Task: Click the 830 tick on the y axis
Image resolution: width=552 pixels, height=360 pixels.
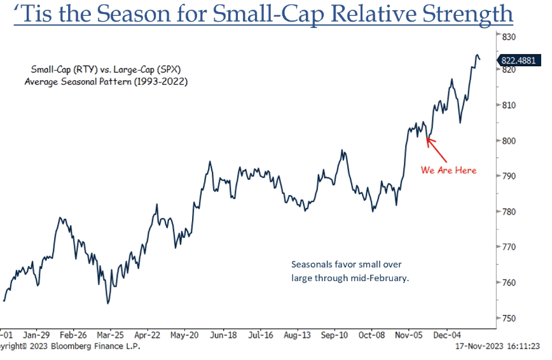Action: [508, 37]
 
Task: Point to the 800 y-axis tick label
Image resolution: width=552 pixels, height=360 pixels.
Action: [508, 141]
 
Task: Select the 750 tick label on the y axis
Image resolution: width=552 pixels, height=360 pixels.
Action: [508, 318]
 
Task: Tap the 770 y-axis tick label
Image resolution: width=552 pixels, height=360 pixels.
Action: [508, 247]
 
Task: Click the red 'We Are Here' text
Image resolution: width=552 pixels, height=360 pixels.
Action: [448, 170]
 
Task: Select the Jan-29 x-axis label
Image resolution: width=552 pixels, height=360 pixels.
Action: [37, 334]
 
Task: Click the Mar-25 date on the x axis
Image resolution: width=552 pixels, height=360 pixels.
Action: [110, 334]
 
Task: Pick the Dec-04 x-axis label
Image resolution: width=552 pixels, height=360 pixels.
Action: [447, 334]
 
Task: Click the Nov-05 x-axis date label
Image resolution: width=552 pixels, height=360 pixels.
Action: [410, 334]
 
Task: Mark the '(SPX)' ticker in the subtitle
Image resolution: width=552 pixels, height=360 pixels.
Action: [172, 69]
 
